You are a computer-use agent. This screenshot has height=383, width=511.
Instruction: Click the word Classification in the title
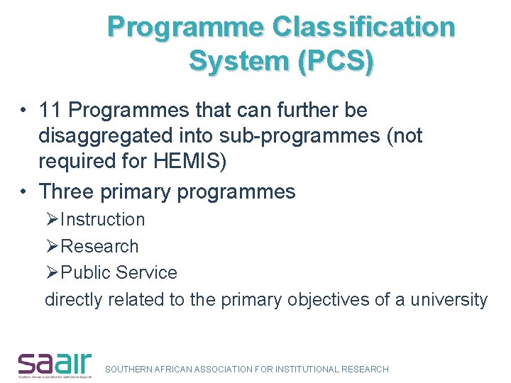pyautogui.click(x=364, y=27)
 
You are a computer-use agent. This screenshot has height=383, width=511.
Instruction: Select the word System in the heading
pyautogui.click(x=233, y=61)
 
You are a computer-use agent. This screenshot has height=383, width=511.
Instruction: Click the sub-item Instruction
pyautogui.click(x=102, y=220)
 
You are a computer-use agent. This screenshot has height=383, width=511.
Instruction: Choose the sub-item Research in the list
pyautogui.click(x=99, y=246)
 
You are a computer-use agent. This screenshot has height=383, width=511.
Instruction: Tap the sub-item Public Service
pyautogui.click(x=119, y=272)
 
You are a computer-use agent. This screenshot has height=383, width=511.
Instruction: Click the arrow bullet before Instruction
pyautogui.click(x=53, y=220)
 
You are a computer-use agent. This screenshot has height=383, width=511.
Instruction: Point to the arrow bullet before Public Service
pyautogui.click(x=53, y=272)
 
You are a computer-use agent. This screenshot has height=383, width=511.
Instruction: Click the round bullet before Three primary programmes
pyautogui.click(x=24, y=192)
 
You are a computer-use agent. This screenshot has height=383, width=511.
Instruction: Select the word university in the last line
pyautogui.click(x=449, y=299)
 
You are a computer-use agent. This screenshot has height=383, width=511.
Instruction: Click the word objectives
pyautogui.click(x=329, y=299)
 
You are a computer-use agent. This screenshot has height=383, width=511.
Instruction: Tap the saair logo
pyautogui.click(x=55, y=365)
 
